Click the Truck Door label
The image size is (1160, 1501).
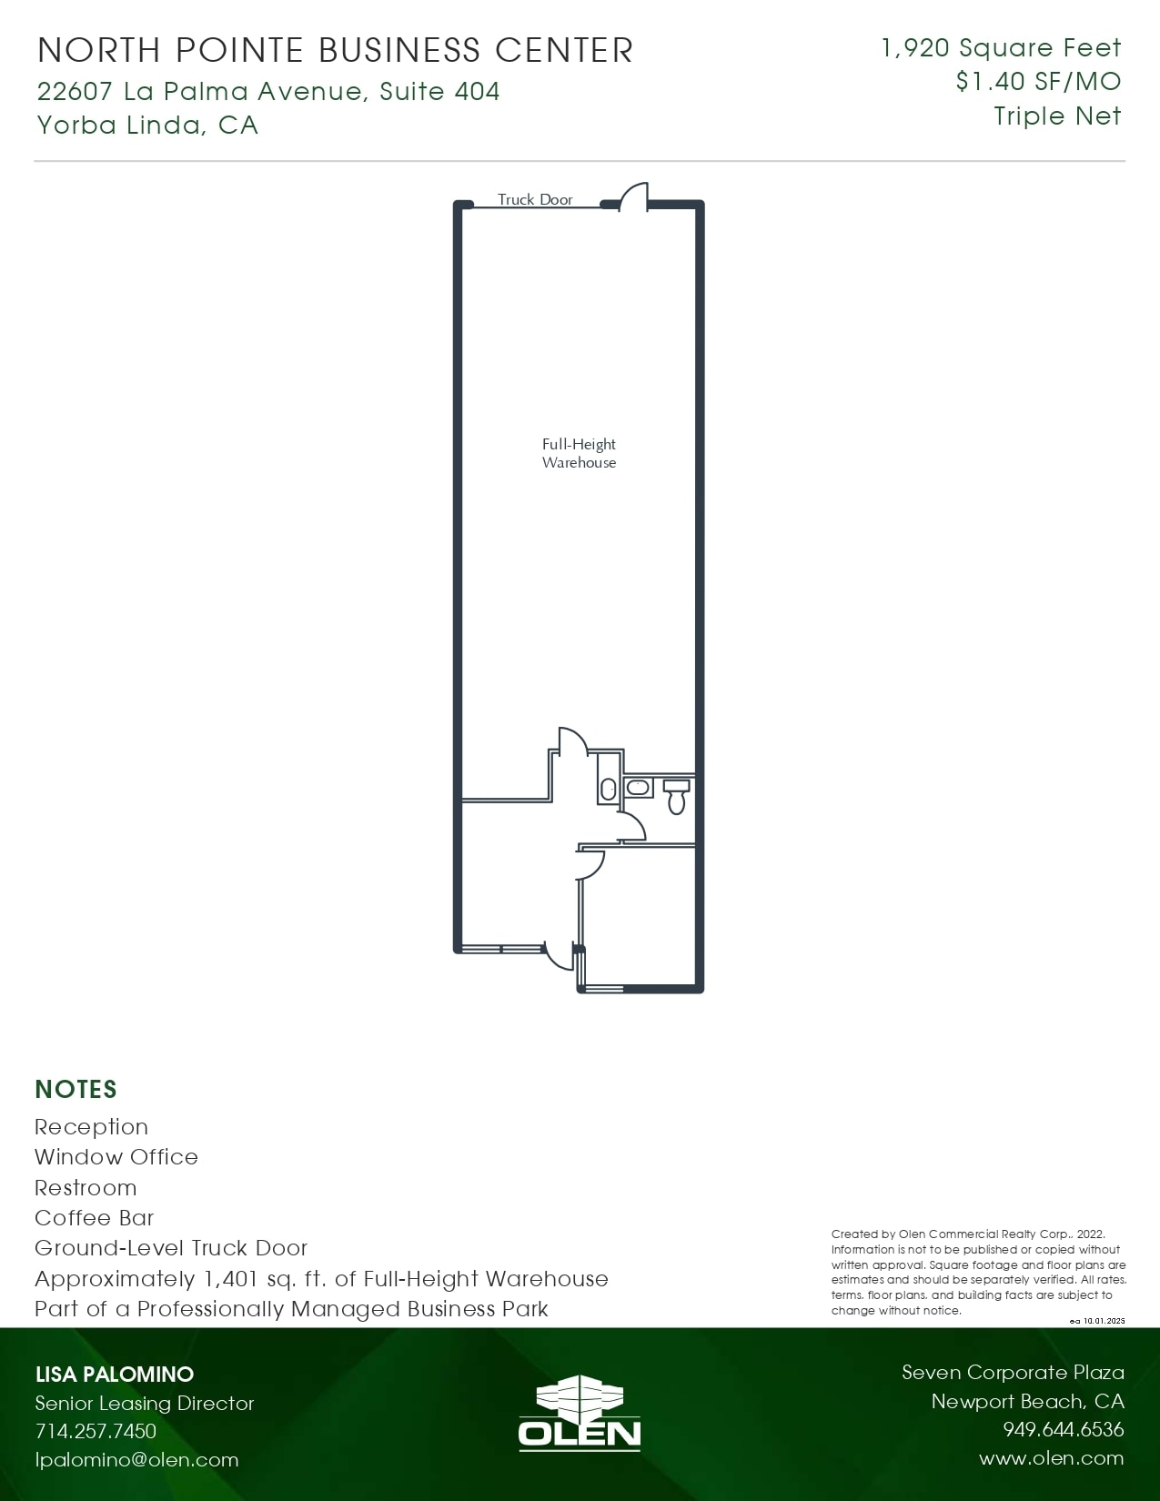point(535,199)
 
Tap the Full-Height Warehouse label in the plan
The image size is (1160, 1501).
point(579,453)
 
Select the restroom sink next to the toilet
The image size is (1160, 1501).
point(639,787)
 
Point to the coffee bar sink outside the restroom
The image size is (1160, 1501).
point(608,789)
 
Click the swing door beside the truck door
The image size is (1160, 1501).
point(634,197)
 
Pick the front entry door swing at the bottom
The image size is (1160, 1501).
point(557,956)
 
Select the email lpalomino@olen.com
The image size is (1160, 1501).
point(136,1459)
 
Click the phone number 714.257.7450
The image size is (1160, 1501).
point(96,1431)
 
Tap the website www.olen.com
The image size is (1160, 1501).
point(1051,1458)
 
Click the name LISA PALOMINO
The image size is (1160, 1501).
point(115,1374)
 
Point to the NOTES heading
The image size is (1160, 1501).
point(76,1089)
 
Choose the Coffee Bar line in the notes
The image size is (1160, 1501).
point(95,1217)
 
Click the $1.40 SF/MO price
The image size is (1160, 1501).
point(1038,82)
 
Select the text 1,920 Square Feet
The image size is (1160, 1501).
point(1001,48)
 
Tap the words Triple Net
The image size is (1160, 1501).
point(1057,116)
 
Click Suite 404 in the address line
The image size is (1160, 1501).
point(439,91)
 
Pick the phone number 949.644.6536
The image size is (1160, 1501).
point(1063,1429)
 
